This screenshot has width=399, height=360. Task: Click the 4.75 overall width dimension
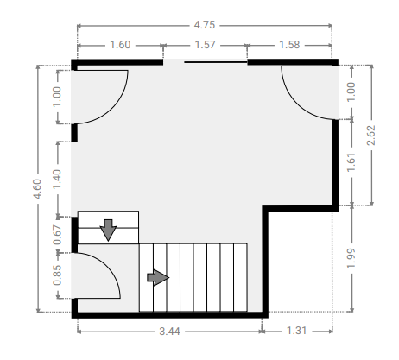[x=205, y=25]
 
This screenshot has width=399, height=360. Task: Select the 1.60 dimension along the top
[x=120, y=45]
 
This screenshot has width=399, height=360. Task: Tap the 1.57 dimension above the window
[x=205, y=45]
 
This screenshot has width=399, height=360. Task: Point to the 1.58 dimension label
[x=289, y=45]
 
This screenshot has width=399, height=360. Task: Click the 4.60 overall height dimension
[x=37, y=189]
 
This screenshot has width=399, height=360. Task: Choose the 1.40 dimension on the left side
[x=57, y=179]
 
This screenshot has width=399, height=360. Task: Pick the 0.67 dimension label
[x=57, y=235]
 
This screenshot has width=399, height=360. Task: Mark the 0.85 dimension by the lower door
[x=57, y=275]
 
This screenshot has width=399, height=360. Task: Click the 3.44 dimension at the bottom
[x=170, y=332]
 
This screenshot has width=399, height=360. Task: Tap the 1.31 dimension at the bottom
[x=297, y=331]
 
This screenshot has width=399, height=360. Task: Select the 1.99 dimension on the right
[x=351, y=258]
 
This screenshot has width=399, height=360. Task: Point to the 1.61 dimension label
[x=351, y=162]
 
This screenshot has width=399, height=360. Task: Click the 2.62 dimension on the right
[x=371, y=135]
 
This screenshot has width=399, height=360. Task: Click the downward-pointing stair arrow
[x=108, y=230]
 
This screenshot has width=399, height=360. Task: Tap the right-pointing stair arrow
[x=158, y=278]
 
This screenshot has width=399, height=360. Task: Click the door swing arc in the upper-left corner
[x=112, y=108]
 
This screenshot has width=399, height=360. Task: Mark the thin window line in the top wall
[x=216, y=62]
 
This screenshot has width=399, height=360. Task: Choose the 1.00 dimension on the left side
[x=57, y=97]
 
